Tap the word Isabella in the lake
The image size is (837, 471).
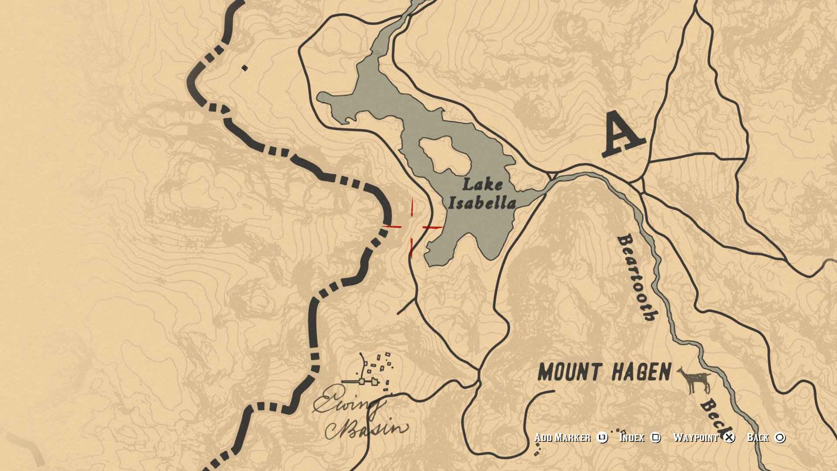483,203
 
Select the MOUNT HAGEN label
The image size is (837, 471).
604,373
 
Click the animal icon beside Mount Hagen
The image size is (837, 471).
695,380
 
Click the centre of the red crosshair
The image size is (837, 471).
412,227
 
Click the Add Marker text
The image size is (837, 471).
562,438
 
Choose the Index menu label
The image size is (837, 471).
632,438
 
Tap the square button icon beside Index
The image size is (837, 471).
656,438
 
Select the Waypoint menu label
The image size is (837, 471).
695,438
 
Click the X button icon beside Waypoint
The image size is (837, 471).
729,438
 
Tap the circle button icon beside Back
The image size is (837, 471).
780,438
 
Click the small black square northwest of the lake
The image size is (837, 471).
245,68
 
